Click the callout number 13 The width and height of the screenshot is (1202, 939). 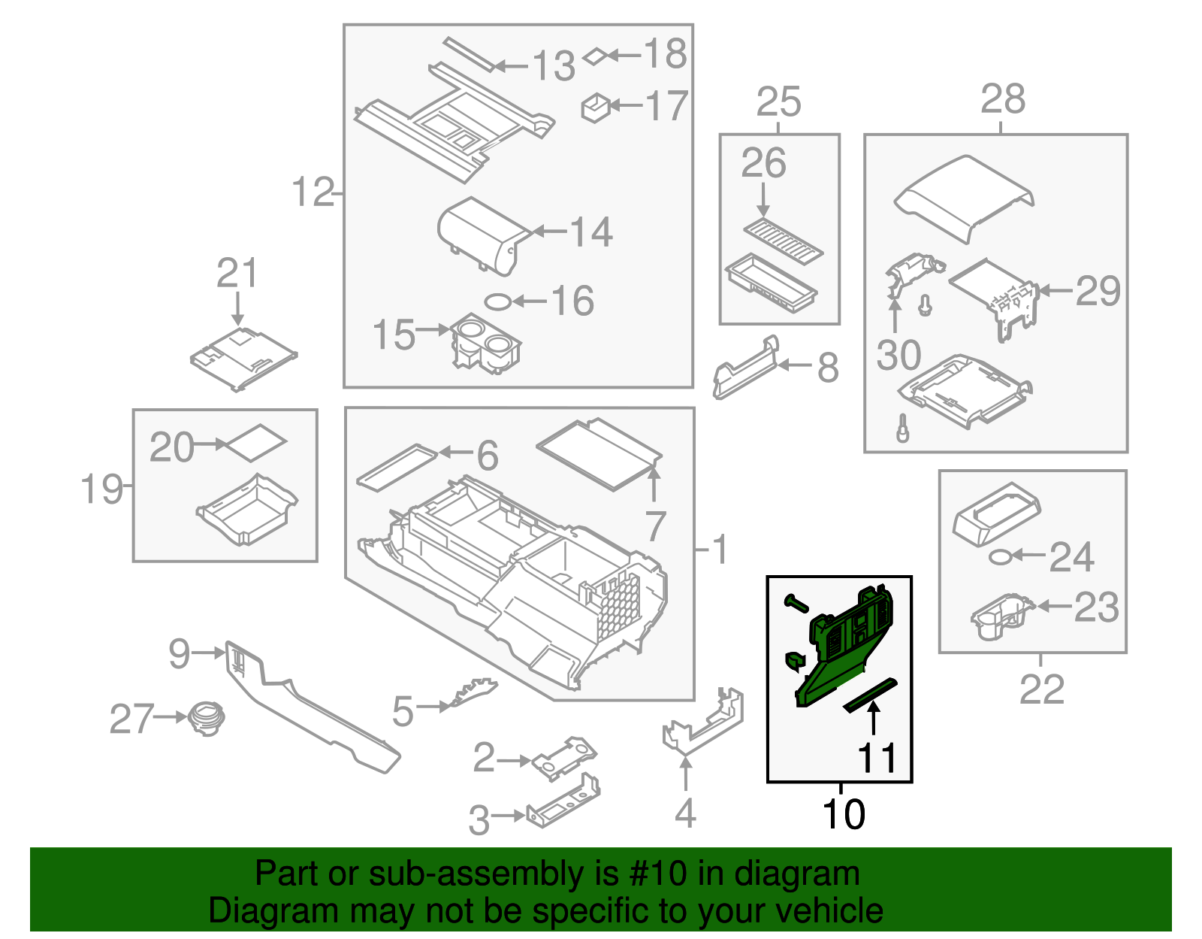click(x=554, y=66)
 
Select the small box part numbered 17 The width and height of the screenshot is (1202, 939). click(x=596, y=108)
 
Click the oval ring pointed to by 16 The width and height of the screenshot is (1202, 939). click(x=497, y=302)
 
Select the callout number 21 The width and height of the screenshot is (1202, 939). click(x=237, y=273)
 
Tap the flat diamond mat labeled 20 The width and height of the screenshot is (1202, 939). click(x=256, y=443)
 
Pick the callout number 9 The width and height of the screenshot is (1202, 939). click(x=180, y=653)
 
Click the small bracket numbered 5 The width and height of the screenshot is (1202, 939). click(x=470, y=692)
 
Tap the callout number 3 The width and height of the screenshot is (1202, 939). click(x=479, y=820)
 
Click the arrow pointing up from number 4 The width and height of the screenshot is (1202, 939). click(x=685, y=774)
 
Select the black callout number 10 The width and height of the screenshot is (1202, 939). click(x=844, y=814)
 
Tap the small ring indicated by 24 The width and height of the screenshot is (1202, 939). click(x=999, y=557)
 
